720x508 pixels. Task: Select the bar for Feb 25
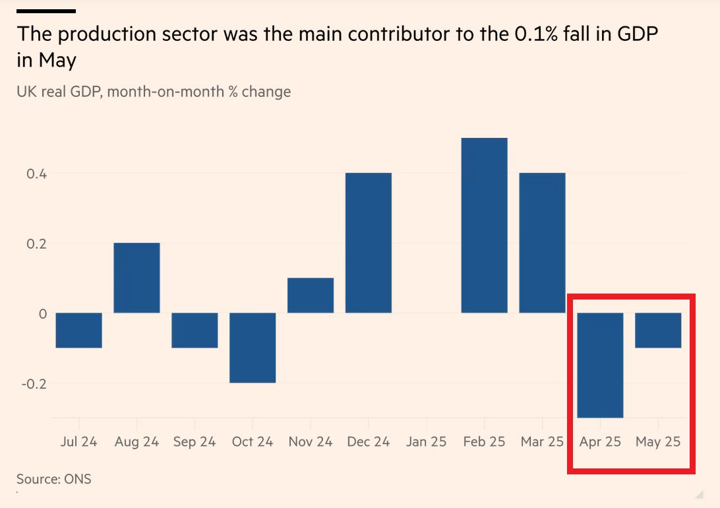click(484, 225)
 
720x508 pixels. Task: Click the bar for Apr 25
click(600, 365)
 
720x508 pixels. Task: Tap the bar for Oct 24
click(253, 348)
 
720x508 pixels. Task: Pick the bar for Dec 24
click(369, 243)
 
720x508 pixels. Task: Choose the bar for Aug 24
click(136, 278)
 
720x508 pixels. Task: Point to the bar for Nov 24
click(311, 295)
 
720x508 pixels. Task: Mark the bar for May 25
click(658, 330)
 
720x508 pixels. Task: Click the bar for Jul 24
click(78, 330)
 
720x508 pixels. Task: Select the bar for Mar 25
click(542, 243)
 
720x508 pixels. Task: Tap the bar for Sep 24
click(195, 330)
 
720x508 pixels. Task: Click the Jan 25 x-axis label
click(426, 441)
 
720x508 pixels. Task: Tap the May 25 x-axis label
click(658, 441)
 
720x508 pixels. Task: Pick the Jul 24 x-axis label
click(78, 441)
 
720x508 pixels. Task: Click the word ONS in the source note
click(78, 479)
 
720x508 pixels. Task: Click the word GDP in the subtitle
click(86, 91)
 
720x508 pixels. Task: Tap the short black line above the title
click(45, 11)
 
